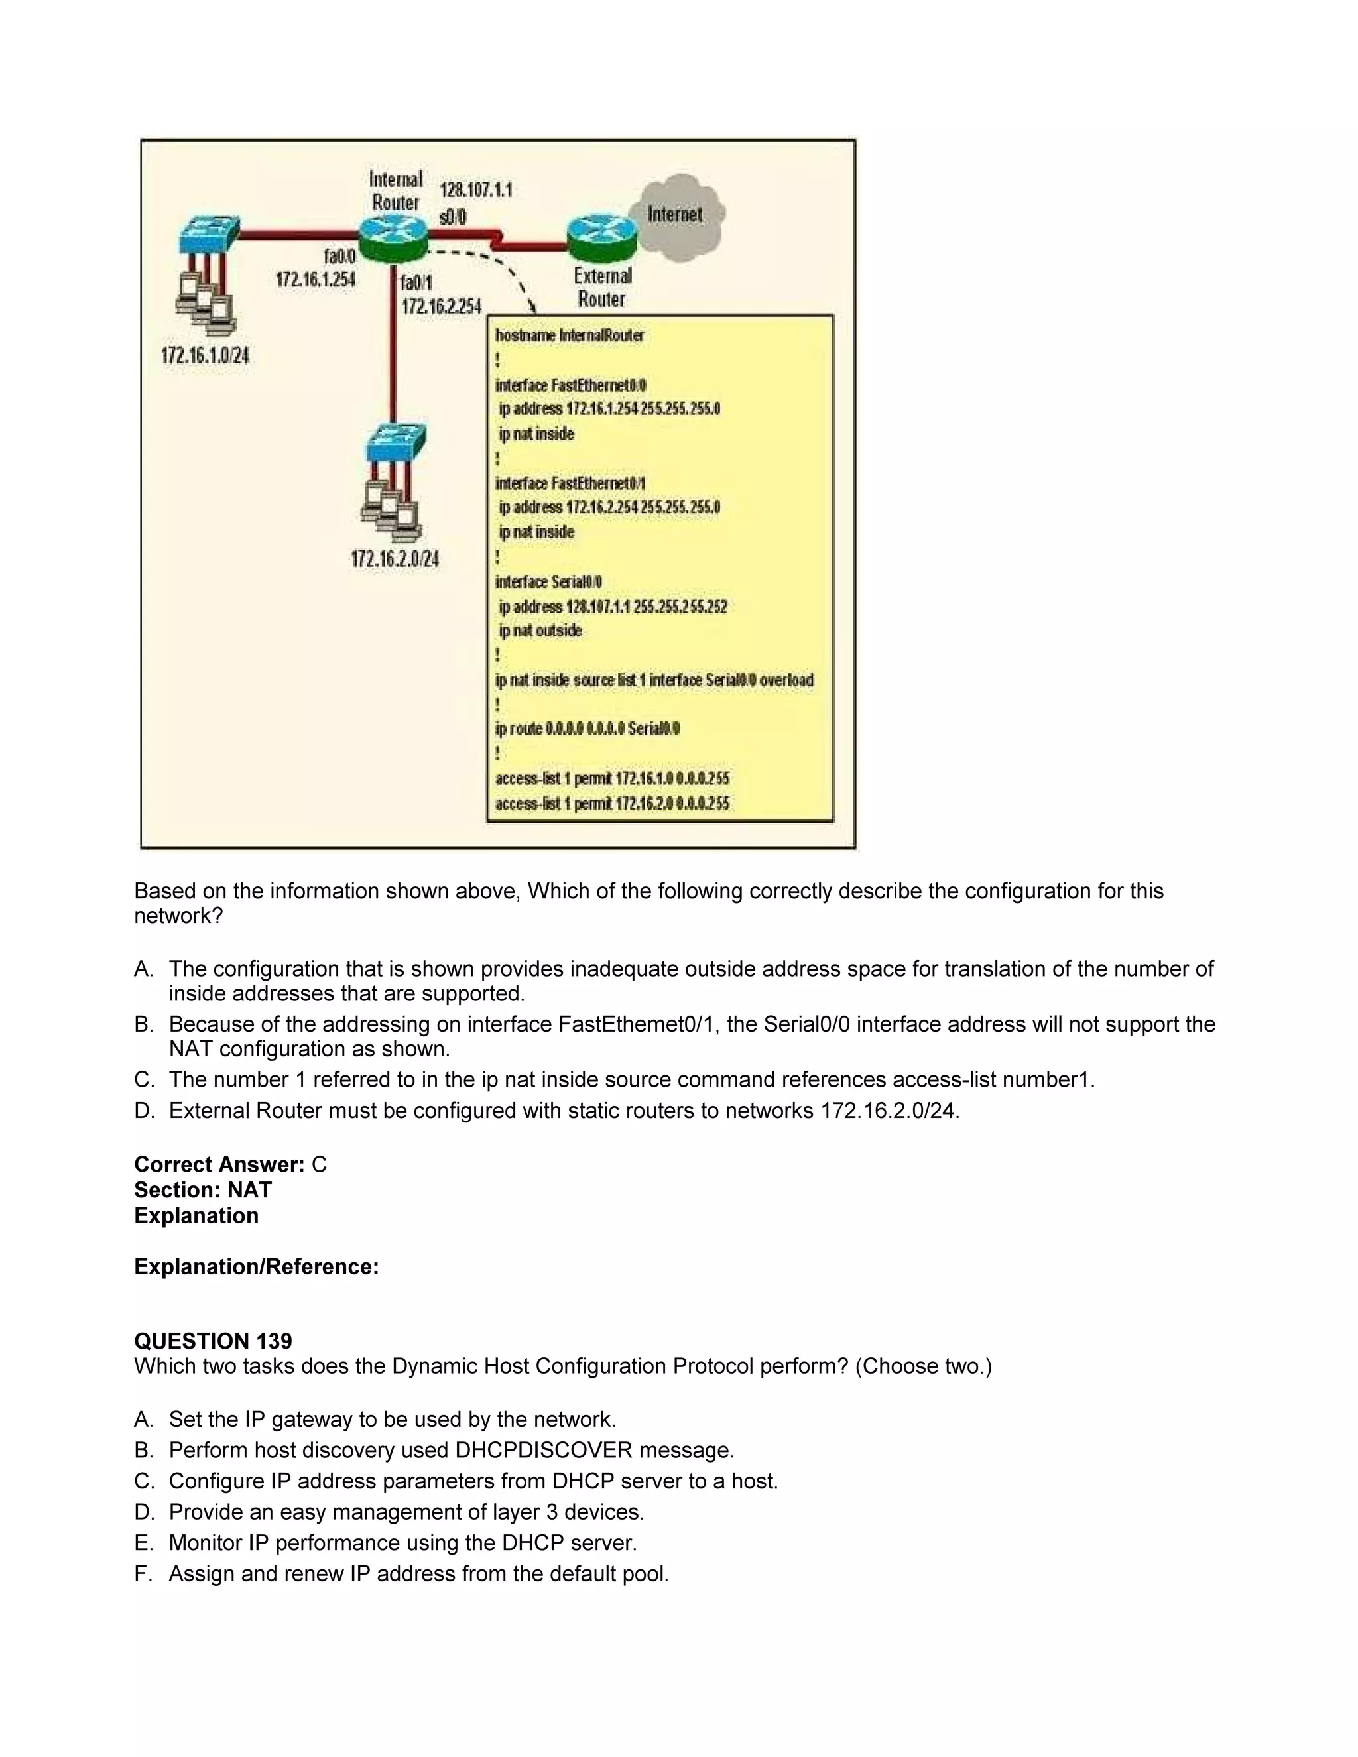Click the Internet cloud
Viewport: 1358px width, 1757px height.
pyautogui.click(x=680, y=215)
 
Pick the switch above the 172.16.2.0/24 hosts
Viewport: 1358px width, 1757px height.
pyautogui.click(x=395, y=444)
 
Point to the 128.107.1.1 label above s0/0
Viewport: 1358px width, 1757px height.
pyautogui.click(x=475, y=190)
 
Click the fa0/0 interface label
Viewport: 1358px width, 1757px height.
pyautogui.click(x=339, y=257)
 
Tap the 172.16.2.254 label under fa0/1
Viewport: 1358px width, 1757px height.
pyautogui.click(x=442, y=306)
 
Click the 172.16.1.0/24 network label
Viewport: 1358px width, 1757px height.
pyautogui.click(x=205, y=355)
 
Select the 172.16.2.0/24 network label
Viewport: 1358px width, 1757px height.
pyautogui.click(x=395, y=559)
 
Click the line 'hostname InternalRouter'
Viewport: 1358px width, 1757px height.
pyautogui.click(x=570, y=335)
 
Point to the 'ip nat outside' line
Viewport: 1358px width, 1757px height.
pyautogui.click(x=539, y=631)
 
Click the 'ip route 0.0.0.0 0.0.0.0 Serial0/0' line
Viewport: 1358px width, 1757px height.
pyautogui.click(x=587, y=729)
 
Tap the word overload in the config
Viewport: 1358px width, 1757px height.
pyautogui.click(x=786, y=681)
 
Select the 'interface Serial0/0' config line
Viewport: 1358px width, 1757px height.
pyautogui.click(x=548, y=581)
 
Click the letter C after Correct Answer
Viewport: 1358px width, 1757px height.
pyautogui.click(x=320, y=1165)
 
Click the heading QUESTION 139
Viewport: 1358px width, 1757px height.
pyautogui.click(x=214, y=1341)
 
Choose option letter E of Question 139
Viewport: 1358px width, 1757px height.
pyautogui.click(x=143, y=1543)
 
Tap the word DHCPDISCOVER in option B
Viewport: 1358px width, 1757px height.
pyautogui.click(x=544, y=1451)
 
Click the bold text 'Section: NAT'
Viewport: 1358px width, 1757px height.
pyautogui.click(x=203, y=1190)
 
